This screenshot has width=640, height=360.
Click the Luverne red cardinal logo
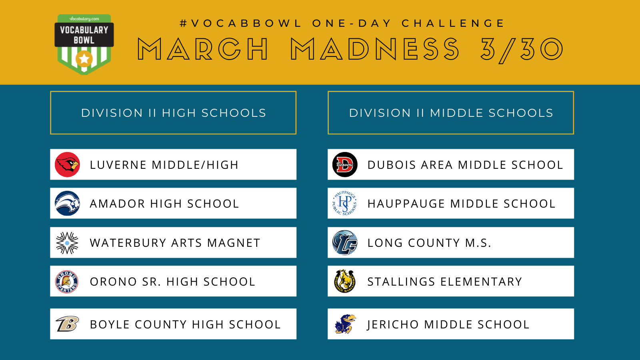click(x=68, y=164)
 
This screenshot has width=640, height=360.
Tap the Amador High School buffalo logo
click(x=68, y=203)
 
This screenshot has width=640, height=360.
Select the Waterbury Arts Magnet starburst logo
click(x=67, y=243)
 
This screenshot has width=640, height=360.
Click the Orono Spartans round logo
click(x=67, y=282)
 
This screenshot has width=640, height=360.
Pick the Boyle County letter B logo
click(x=67, y=324)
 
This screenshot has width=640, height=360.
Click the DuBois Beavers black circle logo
click(x=345, y=164)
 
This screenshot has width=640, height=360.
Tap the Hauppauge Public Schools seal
click(x=345, y=203)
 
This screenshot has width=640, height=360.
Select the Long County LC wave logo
click(x=345, y=242)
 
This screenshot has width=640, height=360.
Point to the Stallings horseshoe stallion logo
click(x=345, y=281)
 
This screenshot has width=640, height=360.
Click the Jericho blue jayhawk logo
click(x=346, y=324)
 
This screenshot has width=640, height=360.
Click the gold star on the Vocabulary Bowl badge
click(x=84, y=59)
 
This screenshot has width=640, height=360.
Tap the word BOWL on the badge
click(x=84, y=40)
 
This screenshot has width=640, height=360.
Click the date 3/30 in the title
click(x=522, y=49)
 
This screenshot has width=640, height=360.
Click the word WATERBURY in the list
click(x=128, y=243)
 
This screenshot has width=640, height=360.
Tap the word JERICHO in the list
click(x=392, y=324)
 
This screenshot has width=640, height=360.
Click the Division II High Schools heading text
click(x=174, y=113)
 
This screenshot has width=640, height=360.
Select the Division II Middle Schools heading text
click(x=451, y=113)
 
